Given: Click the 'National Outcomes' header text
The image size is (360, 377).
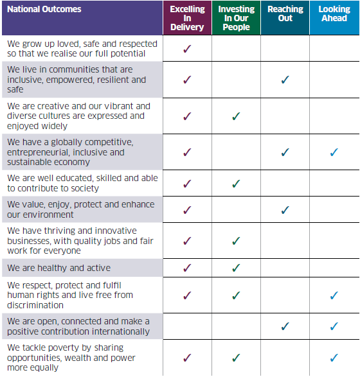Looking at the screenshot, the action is point(44,9).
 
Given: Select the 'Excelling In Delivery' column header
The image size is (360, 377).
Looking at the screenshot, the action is point(187,18).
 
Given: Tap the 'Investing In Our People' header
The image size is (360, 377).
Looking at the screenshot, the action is point(236,18).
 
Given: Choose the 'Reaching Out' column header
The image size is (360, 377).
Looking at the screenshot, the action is point(285,13).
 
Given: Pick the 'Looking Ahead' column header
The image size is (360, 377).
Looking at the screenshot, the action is point(334,13).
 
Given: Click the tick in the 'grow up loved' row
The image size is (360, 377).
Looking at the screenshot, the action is point(187,49).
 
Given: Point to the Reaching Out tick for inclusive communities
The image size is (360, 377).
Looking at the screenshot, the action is point(285,80).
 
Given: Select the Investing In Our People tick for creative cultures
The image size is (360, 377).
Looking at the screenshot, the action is point(236,116).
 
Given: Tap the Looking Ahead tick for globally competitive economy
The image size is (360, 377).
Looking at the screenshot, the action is point(334,152).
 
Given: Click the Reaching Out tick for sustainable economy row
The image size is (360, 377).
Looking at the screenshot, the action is point(285,152).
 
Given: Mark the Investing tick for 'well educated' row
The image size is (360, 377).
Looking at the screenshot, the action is point(236,184).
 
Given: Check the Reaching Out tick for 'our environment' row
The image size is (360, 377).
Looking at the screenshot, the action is point(285,210).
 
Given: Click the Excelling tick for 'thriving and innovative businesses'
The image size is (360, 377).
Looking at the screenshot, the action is point(187,241).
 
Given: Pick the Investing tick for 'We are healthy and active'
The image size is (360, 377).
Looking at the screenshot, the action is point(236,268).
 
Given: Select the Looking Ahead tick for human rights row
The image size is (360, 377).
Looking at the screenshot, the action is point(334,295).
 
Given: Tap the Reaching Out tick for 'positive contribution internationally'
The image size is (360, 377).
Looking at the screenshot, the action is point(285,326).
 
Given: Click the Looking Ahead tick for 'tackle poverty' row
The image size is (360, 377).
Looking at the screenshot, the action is point(334,358).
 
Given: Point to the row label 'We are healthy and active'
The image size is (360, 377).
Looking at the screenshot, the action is point(59,268).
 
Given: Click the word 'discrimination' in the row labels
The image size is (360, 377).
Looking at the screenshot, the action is point(35,305).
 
